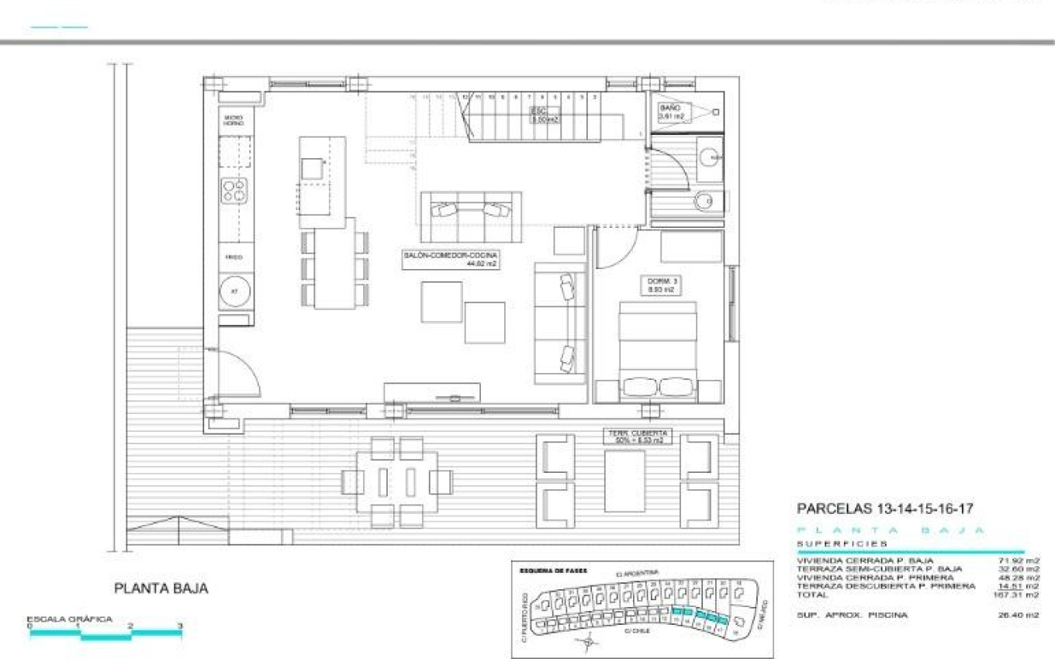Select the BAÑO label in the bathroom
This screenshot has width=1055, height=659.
(671, 112)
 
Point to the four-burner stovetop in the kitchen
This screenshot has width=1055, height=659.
(234, 190)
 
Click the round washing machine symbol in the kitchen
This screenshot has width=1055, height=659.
(234, 292)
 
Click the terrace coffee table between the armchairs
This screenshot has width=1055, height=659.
(624, 481)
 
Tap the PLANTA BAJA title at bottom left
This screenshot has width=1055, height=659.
(161, 588)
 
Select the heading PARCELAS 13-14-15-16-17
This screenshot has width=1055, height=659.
(885, 509)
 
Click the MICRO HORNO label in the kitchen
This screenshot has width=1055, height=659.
(233, 121)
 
